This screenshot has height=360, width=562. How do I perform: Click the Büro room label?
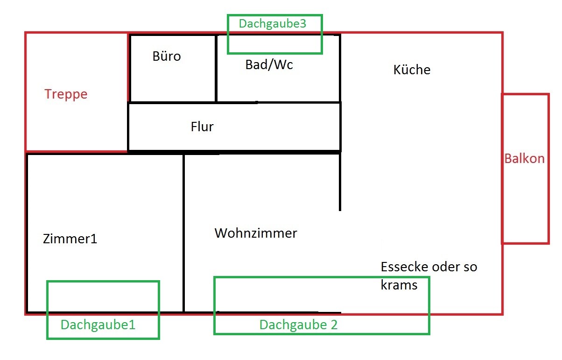(x=167, y=57)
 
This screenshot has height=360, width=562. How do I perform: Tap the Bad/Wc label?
(x=269, y=65)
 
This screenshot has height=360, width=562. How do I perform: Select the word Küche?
(x=412, y=70)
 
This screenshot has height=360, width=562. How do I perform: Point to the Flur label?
(x=202, y=127)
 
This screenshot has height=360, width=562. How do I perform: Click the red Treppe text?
(x=66, y=94)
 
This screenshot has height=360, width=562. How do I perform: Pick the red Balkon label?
(x=524, y=158)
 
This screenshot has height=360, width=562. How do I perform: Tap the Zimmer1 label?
(x=70, y=239)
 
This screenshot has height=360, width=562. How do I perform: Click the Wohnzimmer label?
(x=255, y=233)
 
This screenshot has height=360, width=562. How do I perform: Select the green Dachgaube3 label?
(x=273, y=24)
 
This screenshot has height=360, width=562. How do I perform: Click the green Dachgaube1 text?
(x=98, y=325)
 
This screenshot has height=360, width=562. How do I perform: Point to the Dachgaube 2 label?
(x=298, y=325)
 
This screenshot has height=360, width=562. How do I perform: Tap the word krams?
(x=399, y=285)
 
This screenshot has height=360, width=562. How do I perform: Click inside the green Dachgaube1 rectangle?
(x=103, y=299)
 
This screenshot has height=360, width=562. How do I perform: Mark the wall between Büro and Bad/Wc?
(x=216, y=68)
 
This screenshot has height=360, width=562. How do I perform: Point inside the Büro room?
(x=173, y=79)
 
